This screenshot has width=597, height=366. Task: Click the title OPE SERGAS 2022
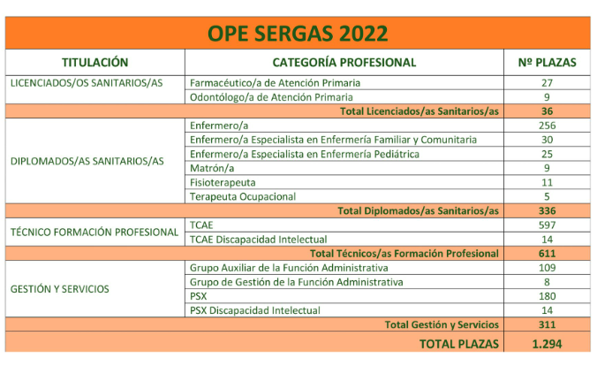tap(298, 34)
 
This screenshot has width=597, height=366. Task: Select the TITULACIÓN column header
tap(95, 63)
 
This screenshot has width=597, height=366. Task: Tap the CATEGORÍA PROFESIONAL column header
tap(344, 63)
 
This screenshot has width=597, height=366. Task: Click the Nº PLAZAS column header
tap(547, 63)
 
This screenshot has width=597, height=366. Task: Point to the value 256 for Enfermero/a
tap(547, 126)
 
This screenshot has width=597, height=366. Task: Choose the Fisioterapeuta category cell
tap(224, 182)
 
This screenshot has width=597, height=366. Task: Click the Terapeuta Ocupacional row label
tap(243, 196)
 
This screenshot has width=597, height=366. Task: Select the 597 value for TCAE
tap(547, 225)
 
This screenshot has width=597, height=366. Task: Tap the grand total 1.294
tap(547, 344)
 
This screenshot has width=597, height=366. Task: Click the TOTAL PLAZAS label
tap(459, 344)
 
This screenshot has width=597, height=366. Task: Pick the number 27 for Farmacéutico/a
tap(547, 82)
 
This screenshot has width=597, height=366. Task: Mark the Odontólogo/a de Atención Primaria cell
tap(272, 96)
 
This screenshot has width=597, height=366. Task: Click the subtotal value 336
tap(547, 210)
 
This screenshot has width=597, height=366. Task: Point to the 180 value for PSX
tap(547, 295)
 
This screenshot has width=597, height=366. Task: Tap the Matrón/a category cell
tap(213, 168)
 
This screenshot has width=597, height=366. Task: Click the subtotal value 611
tap(547, 253)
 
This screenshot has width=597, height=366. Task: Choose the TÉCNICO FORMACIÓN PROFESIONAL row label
tap(94, 232)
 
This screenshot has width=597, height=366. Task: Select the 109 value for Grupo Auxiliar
tap(547, 267)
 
